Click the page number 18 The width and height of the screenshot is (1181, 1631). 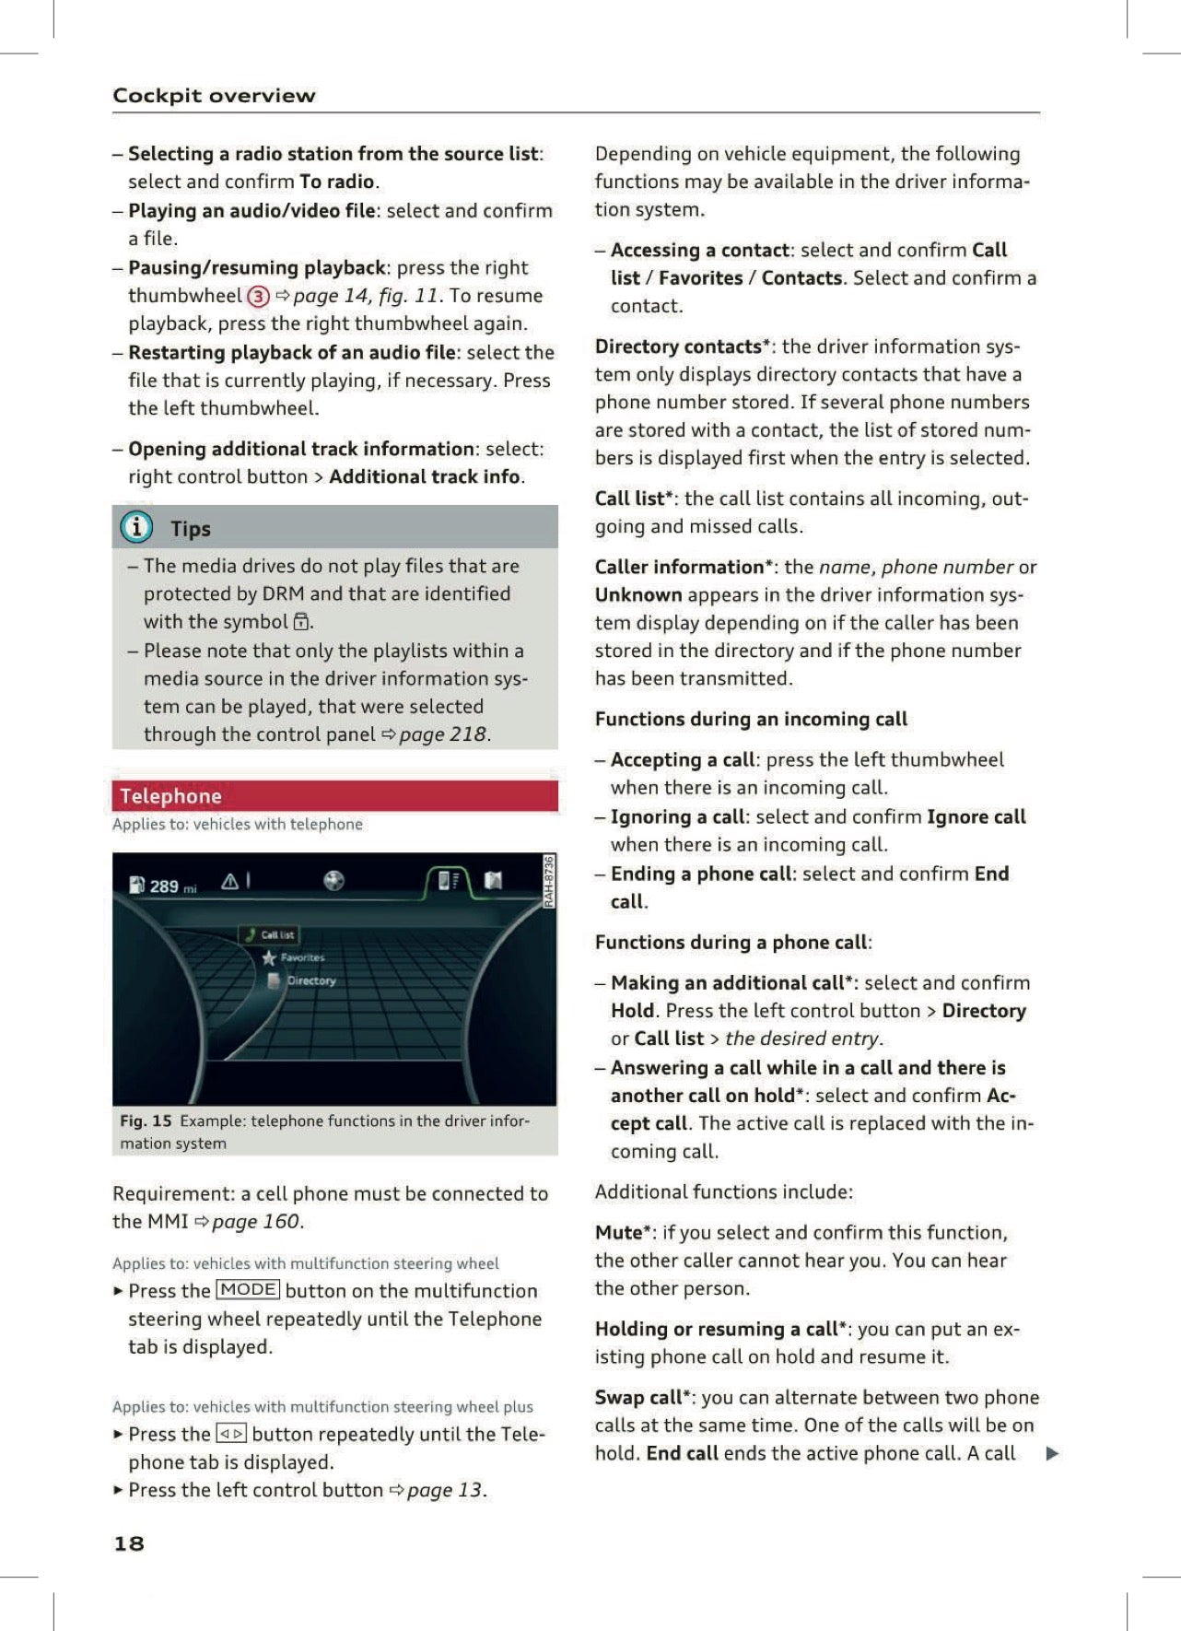[x=129, y=1543]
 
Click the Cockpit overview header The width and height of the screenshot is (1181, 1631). [x=214, y=96]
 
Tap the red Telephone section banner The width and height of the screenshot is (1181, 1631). [x=334, y=796]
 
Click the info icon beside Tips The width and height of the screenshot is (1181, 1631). [x=136, y=527]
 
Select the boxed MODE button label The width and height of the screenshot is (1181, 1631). [x=248, y=1290]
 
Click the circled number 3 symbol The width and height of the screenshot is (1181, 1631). [x=259, y=297]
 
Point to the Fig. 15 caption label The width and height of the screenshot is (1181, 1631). [x=146, y=1121]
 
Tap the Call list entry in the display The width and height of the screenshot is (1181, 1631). [x=275, y=934]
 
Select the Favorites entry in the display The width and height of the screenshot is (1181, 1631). [x=301, y=957]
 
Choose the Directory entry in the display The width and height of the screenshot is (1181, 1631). [x=310, y=980]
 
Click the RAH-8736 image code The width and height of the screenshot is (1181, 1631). [x=549, y=881]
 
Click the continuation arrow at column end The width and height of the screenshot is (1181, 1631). [x=1052, y=1454]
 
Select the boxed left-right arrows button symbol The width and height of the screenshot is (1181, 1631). [x=231, y=1434]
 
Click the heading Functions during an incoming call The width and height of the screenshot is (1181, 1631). [x=751, y=719]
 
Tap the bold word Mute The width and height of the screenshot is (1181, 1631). [x=619, y=1233]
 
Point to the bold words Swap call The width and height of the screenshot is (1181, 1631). [x=638, y=1398]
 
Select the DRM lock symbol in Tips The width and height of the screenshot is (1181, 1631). [x=301, y=622]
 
